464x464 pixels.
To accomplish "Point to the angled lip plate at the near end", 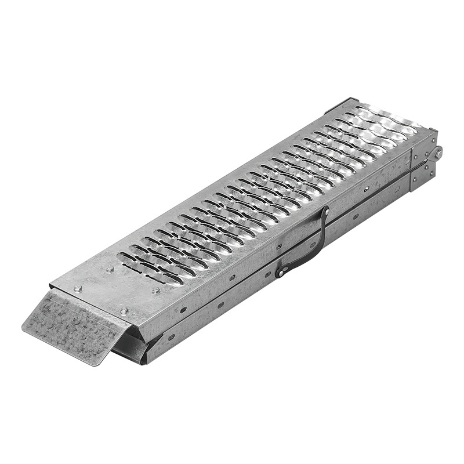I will coord(70,325).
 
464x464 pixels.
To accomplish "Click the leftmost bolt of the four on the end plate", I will coord(77,288).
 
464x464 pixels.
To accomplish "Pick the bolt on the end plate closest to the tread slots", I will coord(110,269).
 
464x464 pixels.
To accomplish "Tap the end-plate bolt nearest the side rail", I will coord(156,290).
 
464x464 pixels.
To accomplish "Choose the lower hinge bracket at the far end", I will coord(422,177).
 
